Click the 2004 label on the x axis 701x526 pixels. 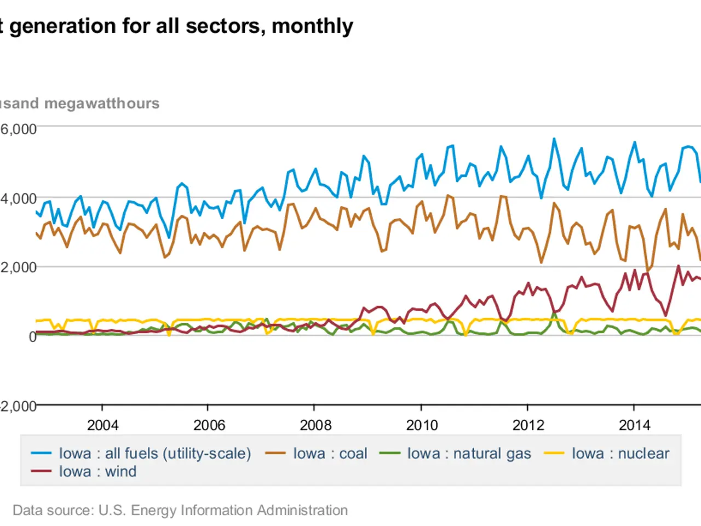pos(102,425)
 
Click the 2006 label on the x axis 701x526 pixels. pos(209,425)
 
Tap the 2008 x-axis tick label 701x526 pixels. pos(315,425)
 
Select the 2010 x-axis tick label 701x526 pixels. pos(422,425)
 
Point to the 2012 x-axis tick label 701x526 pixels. pos(528,425)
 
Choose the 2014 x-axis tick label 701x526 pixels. pos(634,425)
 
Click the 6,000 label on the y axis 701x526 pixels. pos(19,129)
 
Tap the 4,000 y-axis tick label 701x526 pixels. pos(19,199)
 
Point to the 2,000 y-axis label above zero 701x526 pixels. pos(19,267)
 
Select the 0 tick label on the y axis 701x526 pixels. pos(32,336)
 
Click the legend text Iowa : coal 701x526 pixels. pos(330,454)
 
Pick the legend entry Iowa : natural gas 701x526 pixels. pos(469,454)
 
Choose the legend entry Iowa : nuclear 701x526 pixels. pos(620,454)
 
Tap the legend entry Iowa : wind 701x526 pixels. pos(97,472)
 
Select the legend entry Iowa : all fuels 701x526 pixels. pos(154,454)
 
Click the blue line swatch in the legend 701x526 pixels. pos(41,454)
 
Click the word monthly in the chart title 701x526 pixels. pos(312,26)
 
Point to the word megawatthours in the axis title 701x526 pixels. pos(102,104)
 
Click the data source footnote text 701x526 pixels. pos(180,510)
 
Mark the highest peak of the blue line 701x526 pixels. pos(554,139)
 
